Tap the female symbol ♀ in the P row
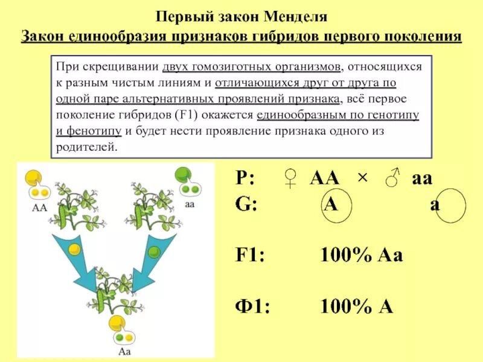click(x=292, y=179)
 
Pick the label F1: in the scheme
click(x=251, y=255)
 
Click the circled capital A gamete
click(x=330, y=204)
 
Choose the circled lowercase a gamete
click(x=435, y=205)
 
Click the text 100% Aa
click(x=360, y=255)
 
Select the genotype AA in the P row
click(x=324, y=179)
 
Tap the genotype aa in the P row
click(x=423, y=179)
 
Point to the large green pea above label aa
click(x=182, y=176)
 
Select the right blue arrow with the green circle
click(x=149, y=259)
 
